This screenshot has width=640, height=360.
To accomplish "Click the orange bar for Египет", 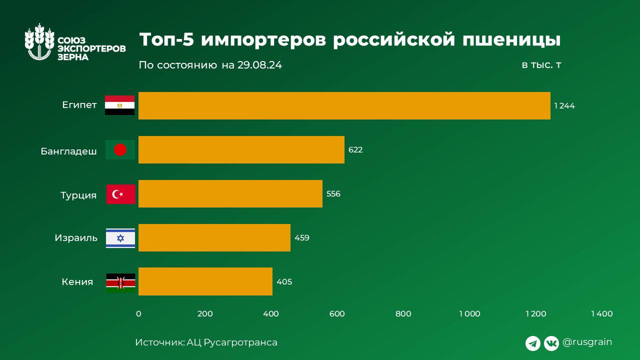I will pos(344,105).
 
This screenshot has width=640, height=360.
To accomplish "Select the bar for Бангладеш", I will pos(241,149).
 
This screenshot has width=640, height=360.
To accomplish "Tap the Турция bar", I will pos(230,193).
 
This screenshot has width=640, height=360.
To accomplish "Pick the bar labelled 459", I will pos(214,237).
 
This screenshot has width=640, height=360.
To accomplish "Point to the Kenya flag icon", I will pos(120,283).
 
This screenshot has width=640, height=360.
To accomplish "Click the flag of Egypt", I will pos(119,105).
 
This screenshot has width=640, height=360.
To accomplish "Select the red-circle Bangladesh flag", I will pos(120,149).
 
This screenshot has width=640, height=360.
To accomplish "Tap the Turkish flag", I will pos(120,194).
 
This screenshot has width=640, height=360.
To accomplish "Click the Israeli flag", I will pos(120,238).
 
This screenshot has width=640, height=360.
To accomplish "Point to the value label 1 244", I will pos(564,106).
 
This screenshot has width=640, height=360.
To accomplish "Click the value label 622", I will pos(355,150).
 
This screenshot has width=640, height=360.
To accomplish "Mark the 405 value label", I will pos(284,282).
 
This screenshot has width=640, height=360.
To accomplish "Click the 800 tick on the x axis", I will pos(403,314).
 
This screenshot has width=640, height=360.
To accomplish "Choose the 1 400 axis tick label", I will pos(601,314).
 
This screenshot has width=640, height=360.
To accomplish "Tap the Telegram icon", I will pos(533,343).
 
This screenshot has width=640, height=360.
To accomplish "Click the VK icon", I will pos(551,343).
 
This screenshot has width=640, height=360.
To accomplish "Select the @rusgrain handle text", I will pos(587,342).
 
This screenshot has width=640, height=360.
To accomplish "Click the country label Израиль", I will pos(76,238).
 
